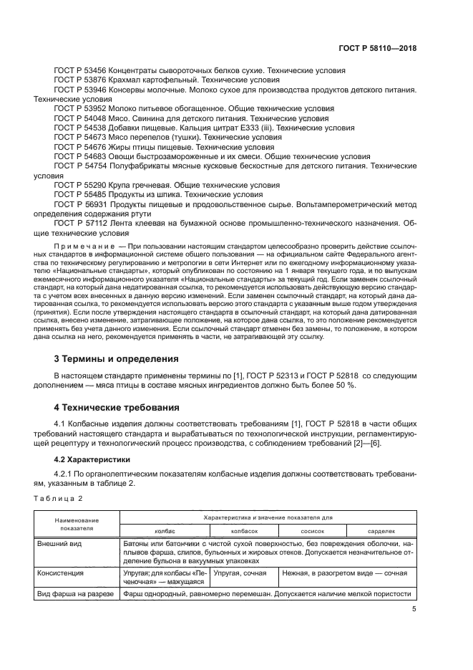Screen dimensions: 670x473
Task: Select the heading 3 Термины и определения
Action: [117, 358]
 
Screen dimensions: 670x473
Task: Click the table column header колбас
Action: [165, 531]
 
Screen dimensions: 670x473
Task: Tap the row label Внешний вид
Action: [60, 544]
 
